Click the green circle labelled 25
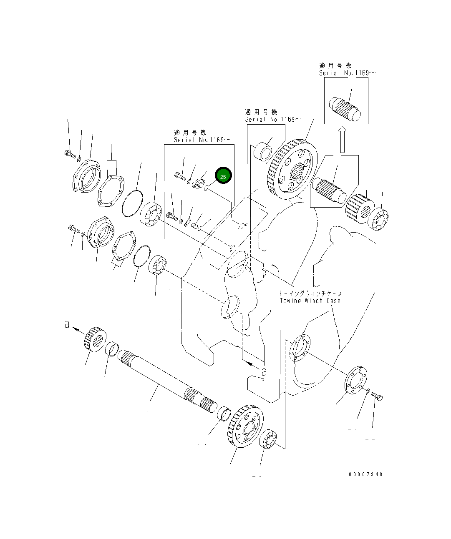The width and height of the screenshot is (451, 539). pos(223,177)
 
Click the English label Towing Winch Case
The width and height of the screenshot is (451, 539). pos(310,301)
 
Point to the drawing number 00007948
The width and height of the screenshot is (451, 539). pos(365,474)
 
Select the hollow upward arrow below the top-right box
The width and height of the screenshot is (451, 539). pos(342,140)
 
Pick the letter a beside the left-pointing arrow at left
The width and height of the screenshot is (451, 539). pos(67,324)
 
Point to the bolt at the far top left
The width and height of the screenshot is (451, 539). pos(70,154)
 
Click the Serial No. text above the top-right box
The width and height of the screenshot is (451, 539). pos(347,73)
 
